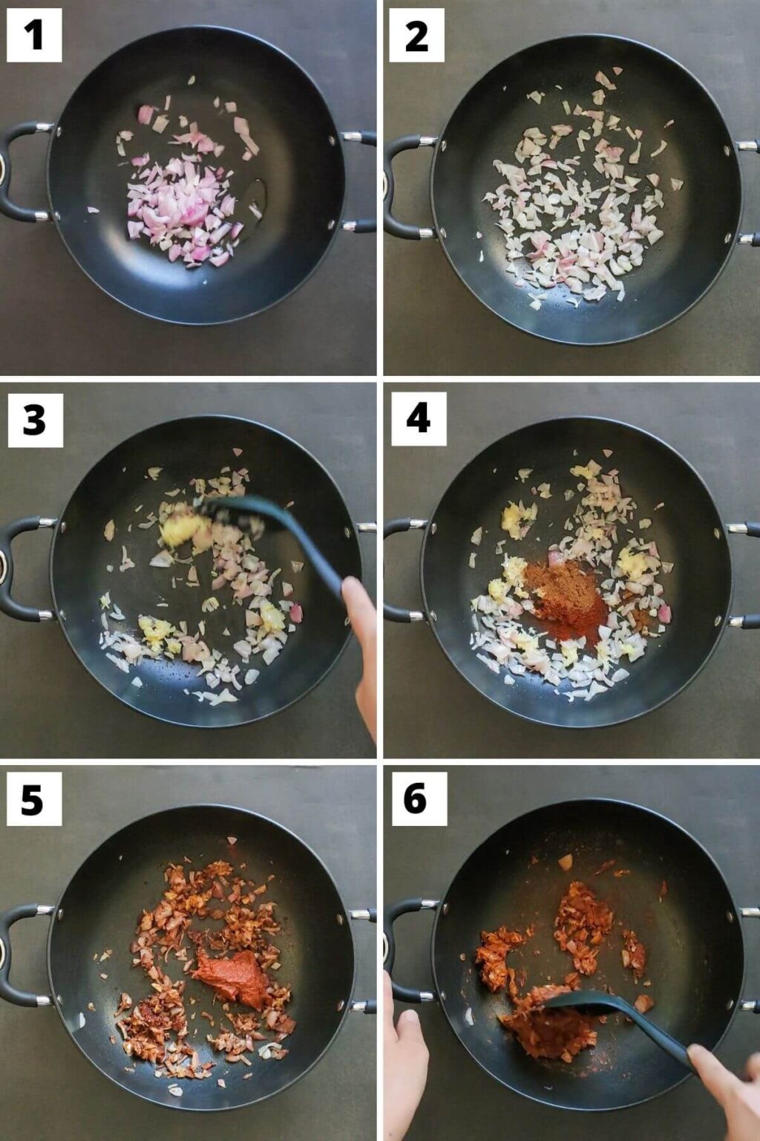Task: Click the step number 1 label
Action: [x=34, y=35]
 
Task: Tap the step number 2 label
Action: [x=416, y=35]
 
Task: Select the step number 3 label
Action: [x=35, y=420]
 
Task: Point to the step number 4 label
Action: [x=419, y=419]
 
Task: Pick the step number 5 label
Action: [x=34, y=799]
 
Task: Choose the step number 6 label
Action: [x=419, y=799]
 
